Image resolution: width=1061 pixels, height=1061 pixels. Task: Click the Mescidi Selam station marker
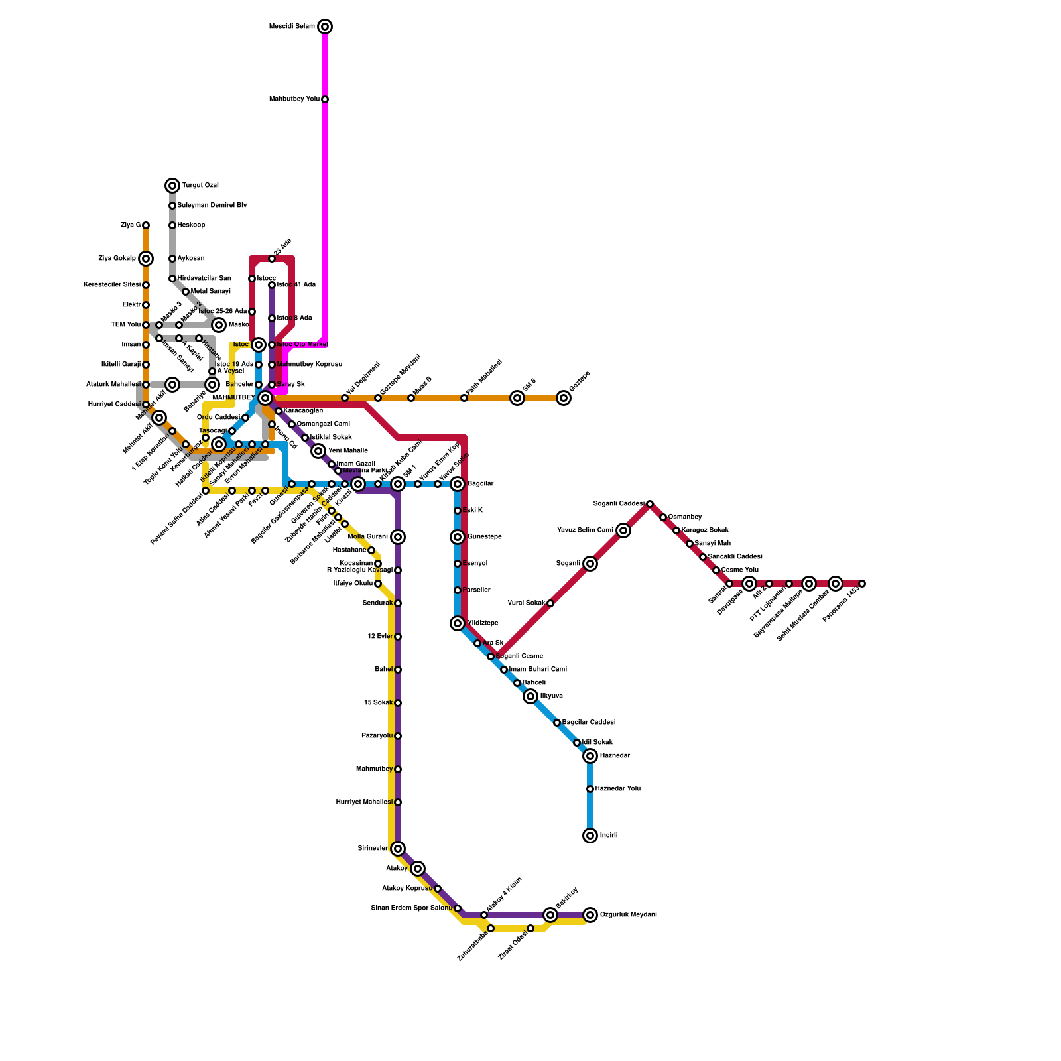click(325, 27)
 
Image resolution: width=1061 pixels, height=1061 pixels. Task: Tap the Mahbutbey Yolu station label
click(294, 99)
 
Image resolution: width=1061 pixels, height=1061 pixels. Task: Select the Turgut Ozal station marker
click(172, 186)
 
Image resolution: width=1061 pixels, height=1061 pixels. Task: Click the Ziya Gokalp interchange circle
click(146, 259)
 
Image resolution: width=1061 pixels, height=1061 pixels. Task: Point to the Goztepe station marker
click(564, 398)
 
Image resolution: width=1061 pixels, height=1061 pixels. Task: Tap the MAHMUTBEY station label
click(233, 398)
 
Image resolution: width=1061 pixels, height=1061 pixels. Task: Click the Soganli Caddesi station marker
click(650, 504)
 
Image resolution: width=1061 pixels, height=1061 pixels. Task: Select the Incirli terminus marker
click(590, 836)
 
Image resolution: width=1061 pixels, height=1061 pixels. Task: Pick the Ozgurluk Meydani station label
click(629, 915)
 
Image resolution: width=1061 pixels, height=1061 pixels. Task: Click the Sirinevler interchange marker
click(398, 849)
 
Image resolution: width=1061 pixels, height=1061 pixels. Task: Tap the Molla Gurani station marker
click(398, 537)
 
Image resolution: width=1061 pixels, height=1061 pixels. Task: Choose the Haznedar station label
click(615, 756)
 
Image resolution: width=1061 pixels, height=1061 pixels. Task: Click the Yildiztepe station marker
click(458, 623)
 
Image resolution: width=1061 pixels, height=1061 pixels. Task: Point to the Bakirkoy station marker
click(550, 915)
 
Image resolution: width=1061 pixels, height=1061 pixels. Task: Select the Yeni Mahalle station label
click(348, 451)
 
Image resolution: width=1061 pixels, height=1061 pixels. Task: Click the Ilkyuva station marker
click(530, 696)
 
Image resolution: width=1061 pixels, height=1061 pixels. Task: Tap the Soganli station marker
click(590, 564)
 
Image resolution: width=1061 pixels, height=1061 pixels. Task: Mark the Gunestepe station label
click(484, 537)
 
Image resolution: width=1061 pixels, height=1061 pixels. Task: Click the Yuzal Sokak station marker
click(550, 603)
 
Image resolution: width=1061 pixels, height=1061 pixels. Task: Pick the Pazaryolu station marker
click(398, 736)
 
